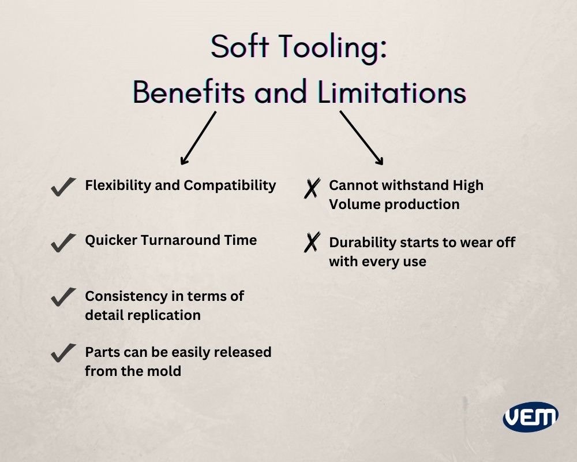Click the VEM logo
(530, 416)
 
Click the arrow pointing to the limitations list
(362, 137)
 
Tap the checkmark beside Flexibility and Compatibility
(63, 187)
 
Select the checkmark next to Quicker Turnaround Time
(63, 242)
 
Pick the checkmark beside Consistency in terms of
(63, 297)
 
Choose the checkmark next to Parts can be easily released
(63, 352)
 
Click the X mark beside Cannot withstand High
(312, 188)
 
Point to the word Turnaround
(188, 240)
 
